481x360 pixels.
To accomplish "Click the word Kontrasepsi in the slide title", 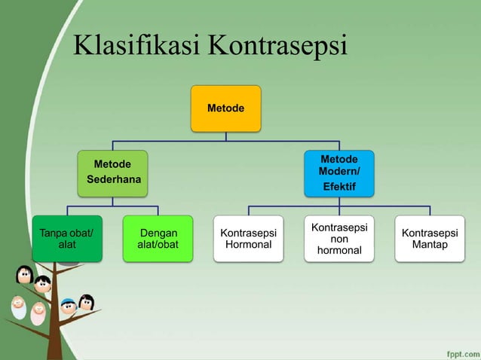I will pos(277,47).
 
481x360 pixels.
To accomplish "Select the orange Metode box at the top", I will pos(225,108).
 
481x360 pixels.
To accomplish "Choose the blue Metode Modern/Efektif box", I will pos(339,172).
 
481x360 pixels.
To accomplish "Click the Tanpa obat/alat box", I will pos(66,239).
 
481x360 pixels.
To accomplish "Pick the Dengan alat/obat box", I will pos(158,239).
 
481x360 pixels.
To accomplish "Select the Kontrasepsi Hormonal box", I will pos(248,239).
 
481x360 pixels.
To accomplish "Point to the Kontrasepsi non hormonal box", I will pos(339,239).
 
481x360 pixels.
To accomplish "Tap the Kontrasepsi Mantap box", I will pos(430,239).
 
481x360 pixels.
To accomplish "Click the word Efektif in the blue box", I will pos(339,186).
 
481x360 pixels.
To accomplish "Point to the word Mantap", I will pos(430,246).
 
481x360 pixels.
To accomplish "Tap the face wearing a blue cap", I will pos(68,306).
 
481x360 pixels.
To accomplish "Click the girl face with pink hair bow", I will pos(86,303).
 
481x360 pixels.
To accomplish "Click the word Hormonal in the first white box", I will pos(248,246).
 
